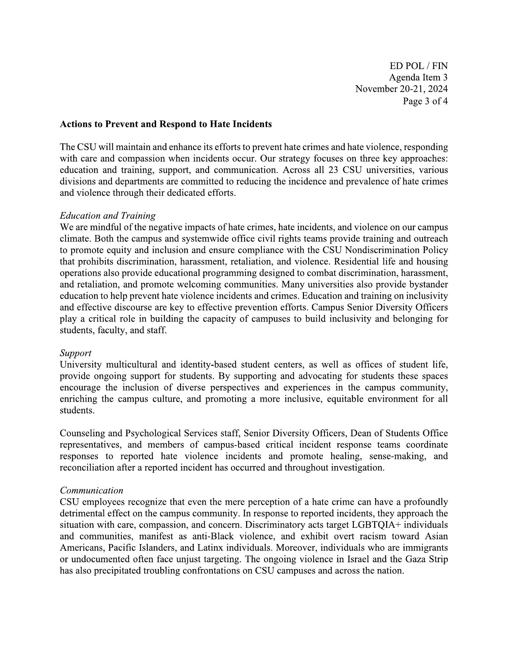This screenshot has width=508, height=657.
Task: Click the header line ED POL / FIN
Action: coord(418,66)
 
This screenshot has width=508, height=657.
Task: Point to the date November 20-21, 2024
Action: coord(401,89)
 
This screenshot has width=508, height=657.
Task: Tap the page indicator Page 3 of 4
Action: coord(425,101)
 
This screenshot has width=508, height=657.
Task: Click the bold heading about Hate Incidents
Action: coord(166,124)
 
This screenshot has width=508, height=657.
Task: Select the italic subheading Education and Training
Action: coord(107,216)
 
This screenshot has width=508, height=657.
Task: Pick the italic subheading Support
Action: coord(75,353)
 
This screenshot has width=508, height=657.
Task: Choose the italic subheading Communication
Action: coord(91,490)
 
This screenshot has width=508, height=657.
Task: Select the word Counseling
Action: coord(82,433)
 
